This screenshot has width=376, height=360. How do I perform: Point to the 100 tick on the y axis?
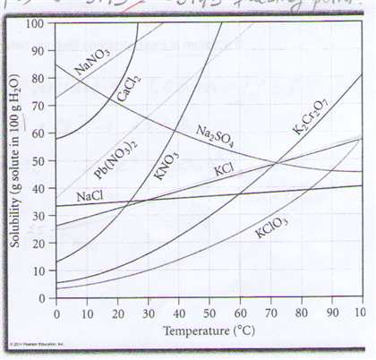point(36,22)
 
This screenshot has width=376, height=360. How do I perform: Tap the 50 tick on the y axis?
point(38,160)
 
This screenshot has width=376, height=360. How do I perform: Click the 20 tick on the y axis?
point(38,243)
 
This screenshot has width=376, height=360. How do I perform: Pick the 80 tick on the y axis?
point(38,78)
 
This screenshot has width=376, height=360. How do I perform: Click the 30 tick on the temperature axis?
point(147,313)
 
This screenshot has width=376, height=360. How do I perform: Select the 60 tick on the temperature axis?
point(238,313)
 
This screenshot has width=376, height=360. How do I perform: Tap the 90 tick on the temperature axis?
point(329,313)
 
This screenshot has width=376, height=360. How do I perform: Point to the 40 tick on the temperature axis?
point(177,313)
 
